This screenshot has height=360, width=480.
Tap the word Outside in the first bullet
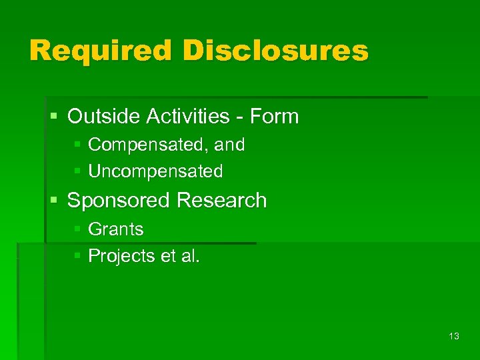101,117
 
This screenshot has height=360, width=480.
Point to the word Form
274,117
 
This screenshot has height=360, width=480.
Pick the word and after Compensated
230,144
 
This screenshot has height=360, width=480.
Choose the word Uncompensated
155,171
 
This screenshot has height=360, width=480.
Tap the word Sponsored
117,201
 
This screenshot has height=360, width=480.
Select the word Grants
115,229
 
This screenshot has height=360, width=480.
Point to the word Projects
122,256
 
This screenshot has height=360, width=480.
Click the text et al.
180,256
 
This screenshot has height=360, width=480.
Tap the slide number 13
454,337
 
